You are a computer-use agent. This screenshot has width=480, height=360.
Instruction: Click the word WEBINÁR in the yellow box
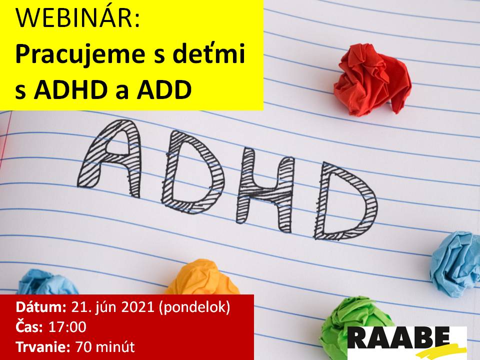pyautogui.click(x=78, y=18)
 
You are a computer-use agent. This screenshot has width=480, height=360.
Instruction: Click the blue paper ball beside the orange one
pyautogui.click(x=47, y=282)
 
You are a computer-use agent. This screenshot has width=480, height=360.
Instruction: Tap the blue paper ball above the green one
pyautogui.click(x=455, y=264)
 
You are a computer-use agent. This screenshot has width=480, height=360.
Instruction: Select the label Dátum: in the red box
pyautogui.click(x=41, y=307)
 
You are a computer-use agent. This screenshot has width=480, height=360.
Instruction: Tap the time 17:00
pyautogui.click(x=67, y=327)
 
